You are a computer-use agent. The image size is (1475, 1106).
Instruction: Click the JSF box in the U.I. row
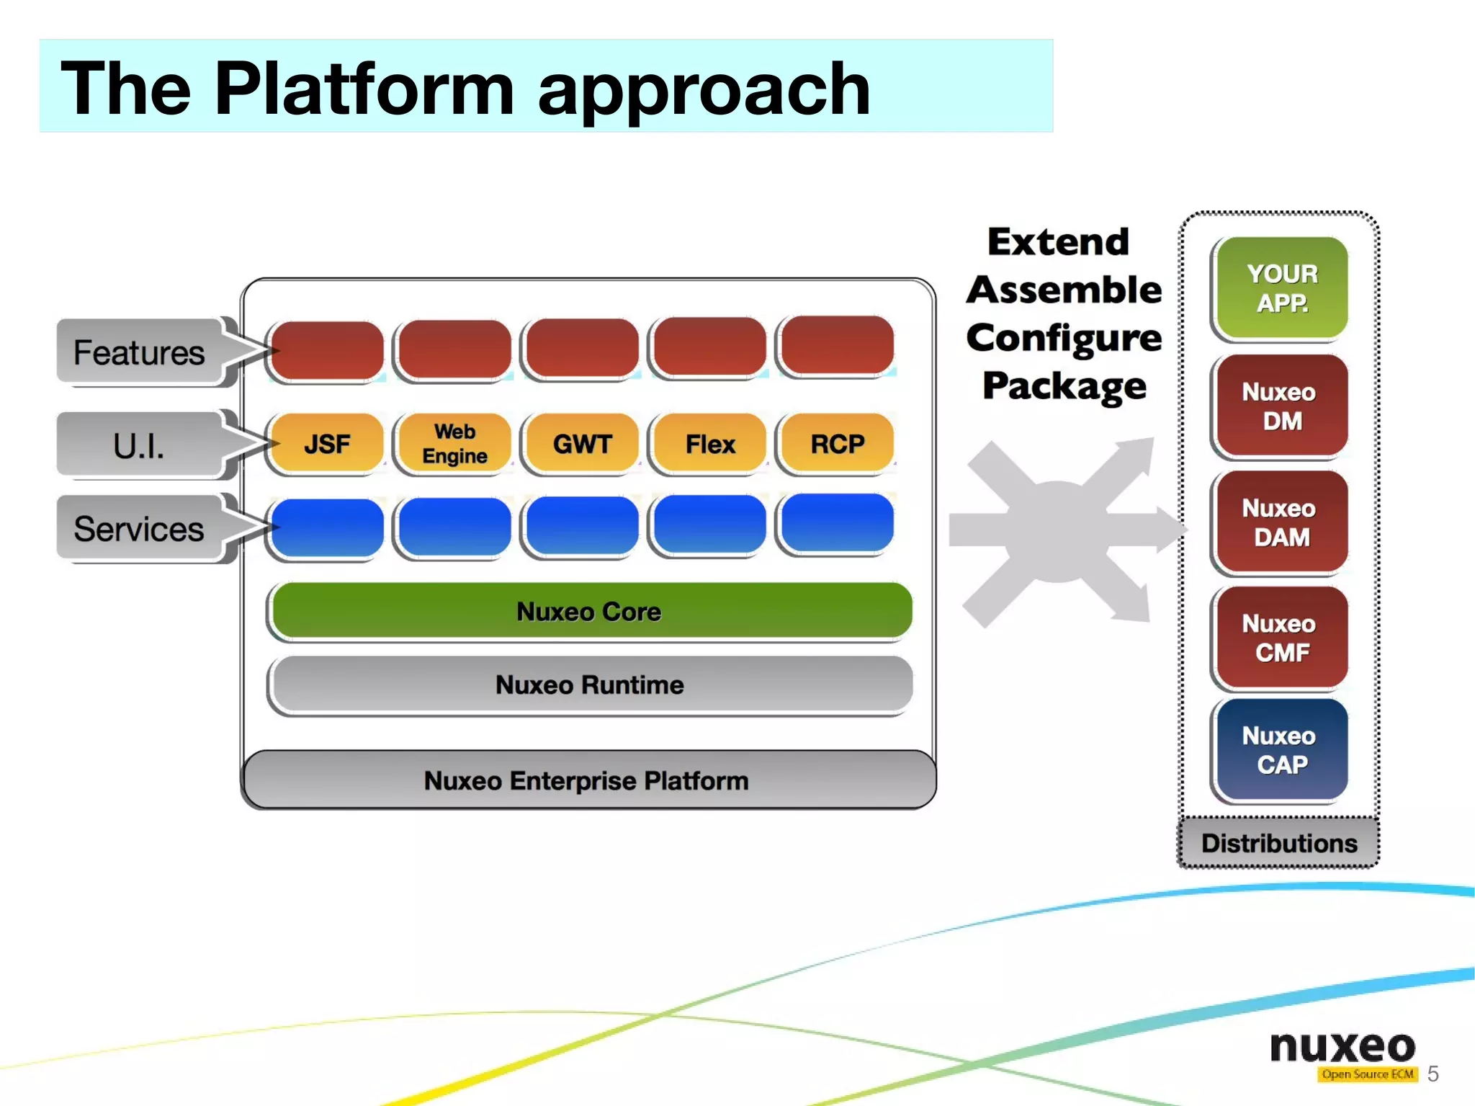[x=327, y=443]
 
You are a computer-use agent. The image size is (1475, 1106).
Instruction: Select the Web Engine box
[x=454, y=443]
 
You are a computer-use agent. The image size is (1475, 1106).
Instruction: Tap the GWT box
[x=582, y=443]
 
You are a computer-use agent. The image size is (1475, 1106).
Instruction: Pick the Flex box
[x=709, y=443]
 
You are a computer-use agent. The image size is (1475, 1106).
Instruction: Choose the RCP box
[x=837, y=443]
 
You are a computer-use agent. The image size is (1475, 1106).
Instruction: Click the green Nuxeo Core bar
[x=589, y=611]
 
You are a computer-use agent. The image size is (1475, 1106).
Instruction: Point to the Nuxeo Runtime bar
[x=589, y=684]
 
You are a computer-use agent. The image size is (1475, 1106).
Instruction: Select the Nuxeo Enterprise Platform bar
[x=587, y=780]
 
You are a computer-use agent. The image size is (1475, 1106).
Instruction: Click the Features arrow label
[x=140, y=352]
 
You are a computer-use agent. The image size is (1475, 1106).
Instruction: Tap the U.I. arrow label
[x=140, y=445]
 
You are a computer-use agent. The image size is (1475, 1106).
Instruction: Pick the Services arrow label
[x=140, y=529]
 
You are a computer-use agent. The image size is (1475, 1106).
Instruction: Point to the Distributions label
[x=1279, y=843]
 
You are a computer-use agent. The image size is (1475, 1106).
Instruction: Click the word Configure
[x=1064, y=338]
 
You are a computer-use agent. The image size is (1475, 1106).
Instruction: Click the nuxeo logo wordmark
[x=1342, y=1047]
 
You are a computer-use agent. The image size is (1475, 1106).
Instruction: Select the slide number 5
[x=1433, y=1074]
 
